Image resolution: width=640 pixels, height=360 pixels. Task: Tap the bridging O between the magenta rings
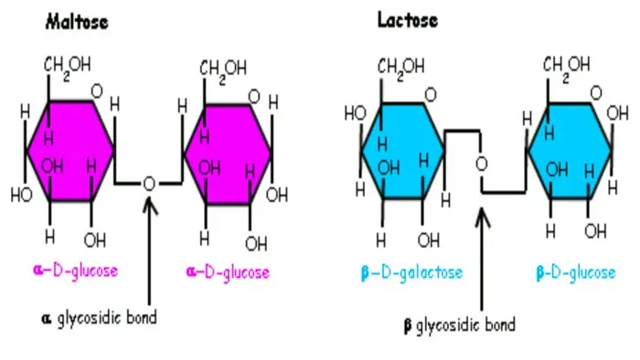[149, 183]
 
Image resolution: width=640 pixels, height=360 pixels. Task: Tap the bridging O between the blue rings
[482, 164]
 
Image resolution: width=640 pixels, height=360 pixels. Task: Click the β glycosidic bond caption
[459, 324]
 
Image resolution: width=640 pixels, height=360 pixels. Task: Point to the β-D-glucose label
[575, 272]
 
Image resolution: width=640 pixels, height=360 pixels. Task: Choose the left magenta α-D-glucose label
[75, 270]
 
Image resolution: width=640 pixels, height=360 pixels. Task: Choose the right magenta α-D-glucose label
[228, 271]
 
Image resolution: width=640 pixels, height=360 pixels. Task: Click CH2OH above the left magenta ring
[68, 66]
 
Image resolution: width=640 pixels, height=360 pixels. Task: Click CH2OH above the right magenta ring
[223, 68]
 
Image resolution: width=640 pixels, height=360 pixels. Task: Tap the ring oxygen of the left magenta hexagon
[97, 92]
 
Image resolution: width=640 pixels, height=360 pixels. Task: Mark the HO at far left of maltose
[21, 195]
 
